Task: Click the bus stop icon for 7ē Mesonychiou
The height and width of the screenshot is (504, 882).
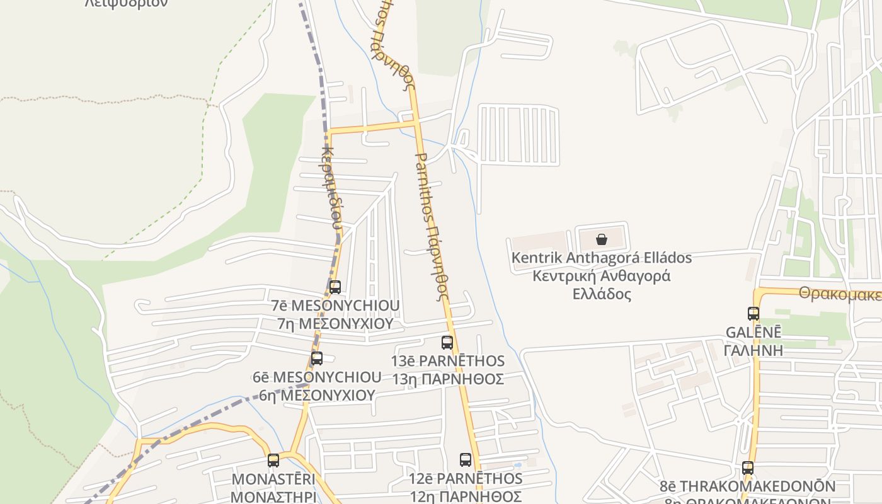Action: (x=335, y=287)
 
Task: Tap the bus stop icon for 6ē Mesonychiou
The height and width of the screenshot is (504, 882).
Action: (x=317, y=358)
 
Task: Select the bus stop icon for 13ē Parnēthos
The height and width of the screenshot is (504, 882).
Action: (x=447, y=343)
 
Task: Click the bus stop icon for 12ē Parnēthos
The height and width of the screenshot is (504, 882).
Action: (x=466, y=460)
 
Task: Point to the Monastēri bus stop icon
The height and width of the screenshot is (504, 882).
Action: (x=273, y=461)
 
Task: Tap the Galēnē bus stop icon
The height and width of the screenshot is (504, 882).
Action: (x=753, y=313)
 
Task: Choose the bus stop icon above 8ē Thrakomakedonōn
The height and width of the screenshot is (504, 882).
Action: (x=748, y=468)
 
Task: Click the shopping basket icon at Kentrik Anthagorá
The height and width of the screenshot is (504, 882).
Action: (x=602, y=239)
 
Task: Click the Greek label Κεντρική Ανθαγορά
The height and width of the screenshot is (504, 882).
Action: (x=601, y=276)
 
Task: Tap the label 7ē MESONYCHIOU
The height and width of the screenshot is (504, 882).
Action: (x=335, y=306)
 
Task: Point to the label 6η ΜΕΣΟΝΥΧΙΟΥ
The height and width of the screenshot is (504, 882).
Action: (x=317, y=395)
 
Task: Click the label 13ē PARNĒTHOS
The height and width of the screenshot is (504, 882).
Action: (x=447, y=361)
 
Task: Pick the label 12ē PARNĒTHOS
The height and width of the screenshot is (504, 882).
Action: (x=466, y=478)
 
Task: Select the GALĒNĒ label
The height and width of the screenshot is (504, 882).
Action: (x=753, y=332)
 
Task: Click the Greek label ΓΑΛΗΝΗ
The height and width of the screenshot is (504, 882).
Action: (x=753, y=350)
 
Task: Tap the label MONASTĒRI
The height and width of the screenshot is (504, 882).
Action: (x=273, y=479)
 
